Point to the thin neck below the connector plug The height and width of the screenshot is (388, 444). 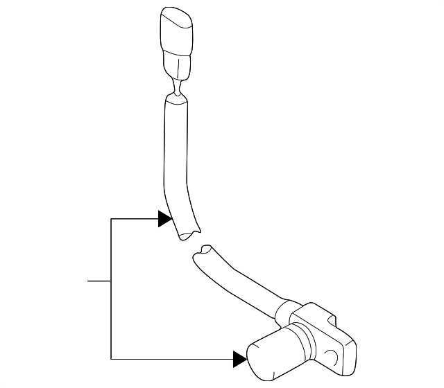click(177, 89)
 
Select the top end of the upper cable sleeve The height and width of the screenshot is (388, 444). click(176, 101)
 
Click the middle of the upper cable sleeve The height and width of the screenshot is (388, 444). click(176, 159)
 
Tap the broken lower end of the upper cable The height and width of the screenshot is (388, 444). click(185, 233)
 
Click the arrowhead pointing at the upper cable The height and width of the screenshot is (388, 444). click(164, 219)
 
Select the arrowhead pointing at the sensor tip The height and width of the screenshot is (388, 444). click(240, 359)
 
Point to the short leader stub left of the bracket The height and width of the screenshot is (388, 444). click(99, 281)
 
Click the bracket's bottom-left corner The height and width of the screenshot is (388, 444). click(111, 359)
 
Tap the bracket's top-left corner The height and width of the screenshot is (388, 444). click(111, 219)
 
